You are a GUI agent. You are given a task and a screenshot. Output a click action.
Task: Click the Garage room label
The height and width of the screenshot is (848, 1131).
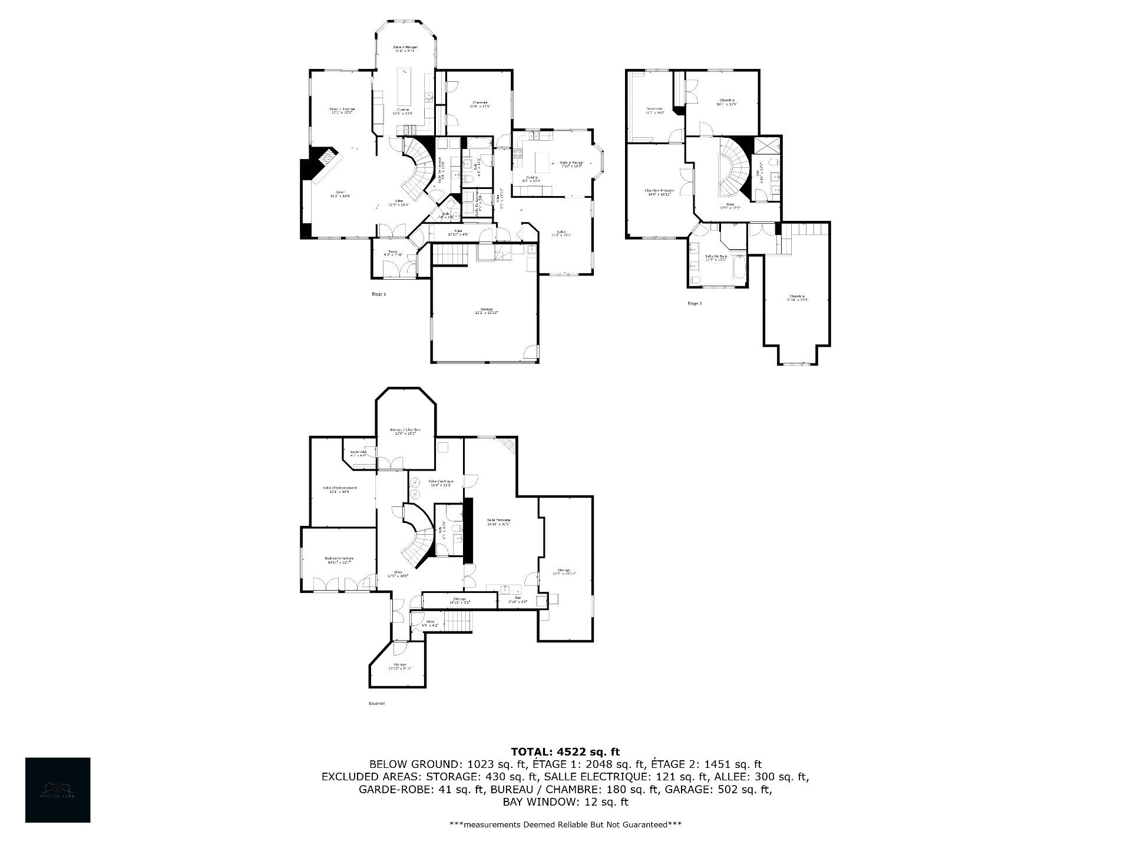[x=486, y=309]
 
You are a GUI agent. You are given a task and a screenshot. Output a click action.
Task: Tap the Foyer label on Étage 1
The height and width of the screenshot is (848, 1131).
[x=392, y=251]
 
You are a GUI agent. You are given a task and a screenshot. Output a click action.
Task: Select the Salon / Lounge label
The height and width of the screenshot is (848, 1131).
[x=342, y=109]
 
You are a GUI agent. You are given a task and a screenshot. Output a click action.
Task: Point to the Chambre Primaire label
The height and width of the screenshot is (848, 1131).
[x=659, y=191]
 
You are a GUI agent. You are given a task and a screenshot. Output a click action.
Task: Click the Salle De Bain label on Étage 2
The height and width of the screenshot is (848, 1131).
[x=716, y=256]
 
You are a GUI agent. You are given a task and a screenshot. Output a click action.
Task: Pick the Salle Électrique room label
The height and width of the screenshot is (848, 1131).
[x=441, y=481]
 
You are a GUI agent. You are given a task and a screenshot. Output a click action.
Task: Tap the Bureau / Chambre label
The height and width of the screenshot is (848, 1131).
[x=405, y=430]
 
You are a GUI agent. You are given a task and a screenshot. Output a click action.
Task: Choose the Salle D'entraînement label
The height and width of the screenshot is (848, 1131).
[x=340, y=488]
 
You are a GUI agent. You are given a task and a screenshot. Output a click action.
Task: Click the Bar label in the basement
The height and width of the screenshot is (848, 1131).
[x=518, y=598]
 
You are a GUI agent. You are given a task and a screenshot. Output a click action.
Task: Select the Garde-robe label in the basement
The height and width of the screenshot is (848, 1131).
[x=358, y=452]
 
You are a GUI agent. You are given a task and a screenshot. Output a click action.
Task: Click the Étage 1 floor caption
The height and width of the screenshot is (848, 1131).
[x=378, y=294]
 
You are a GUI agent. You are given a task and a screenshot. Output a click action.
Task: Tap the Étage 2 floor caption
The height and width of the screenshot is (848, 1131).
[x=695, y=303]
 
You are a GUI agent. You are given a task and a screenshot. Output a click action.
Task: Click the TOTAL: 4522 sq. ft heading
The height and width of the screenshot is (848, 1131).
[x=565, y=751]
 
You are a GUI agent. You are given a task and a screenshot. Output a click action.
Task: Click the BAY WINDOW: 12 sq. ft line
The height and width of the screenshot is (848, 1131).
[x=565, y=802]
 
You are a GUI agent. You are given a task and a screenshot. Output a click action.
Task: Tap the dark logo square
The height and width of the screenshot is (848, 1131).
[x=58, y=790]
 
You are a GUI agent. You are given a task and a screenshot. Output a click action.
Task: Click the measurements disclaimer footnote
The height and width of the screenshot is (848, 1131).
[x=565, y=824]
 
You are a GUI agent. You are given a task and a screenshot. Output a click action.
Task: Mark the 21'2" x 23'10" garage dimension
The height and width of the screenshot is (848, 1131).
[x=486, y=313]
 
